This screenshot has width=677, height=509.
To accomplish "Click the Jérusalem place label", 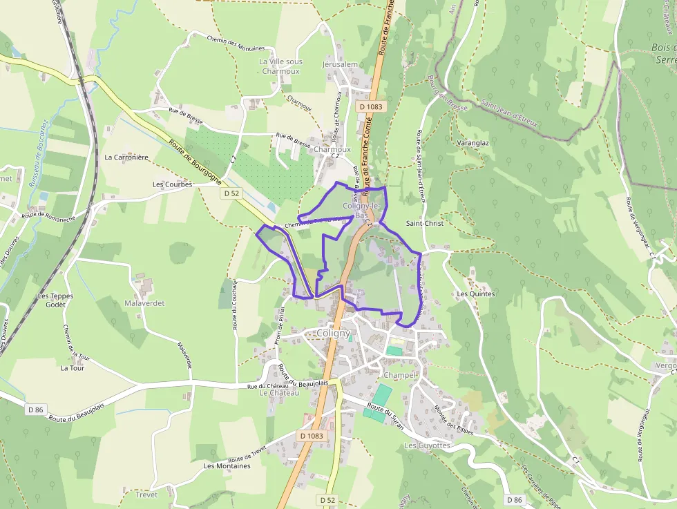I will (340, 64).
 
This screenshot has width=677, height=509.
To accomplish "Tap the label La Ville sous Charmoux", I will (280, 66).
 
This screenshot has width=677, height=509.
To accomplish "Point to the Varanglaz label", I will (473, 143).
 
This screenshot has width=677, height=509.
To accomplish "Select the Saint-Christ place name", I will (424, 224).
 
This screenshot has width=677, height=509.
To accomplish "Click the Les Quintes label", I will (476, 294).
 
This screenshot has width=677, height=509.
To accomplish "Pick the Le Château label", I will (279, 393).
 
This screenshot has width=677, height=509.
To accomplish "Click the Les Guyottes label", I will (427, 445).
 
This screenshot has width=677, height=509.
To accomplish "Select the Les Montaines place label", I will (227, 465).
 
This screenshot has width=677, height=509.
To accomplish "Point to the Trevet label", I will (146, 494).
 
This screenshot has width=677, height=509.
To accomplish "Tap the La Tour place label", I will (73, 368).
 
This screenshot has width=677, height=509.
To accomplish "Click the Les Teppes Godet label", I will (55, 300).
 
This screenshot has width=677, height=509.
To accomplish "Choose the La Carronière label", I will (126, 157).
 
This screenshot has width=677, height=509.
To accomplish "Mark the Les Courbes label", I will (172, 184).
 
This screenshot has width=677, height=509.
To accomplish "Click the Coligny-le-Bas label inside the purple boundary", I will (362, 211).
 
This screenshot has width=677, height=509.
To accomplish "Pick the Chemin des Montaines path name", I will (236, 43).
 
